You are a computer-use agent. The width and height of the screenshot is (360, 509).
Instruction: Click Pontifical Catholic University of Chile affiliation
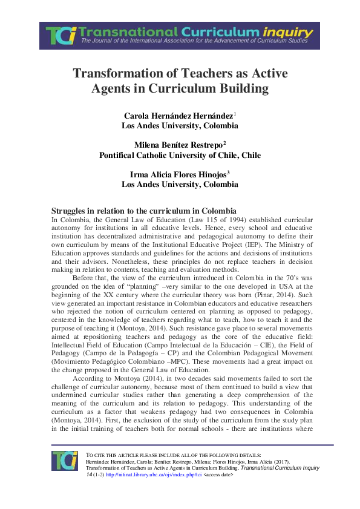click(x=180, y=155)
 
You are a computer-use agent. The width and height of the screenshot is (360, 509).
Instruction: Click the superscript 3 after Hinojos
click(x=229, y=172)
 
